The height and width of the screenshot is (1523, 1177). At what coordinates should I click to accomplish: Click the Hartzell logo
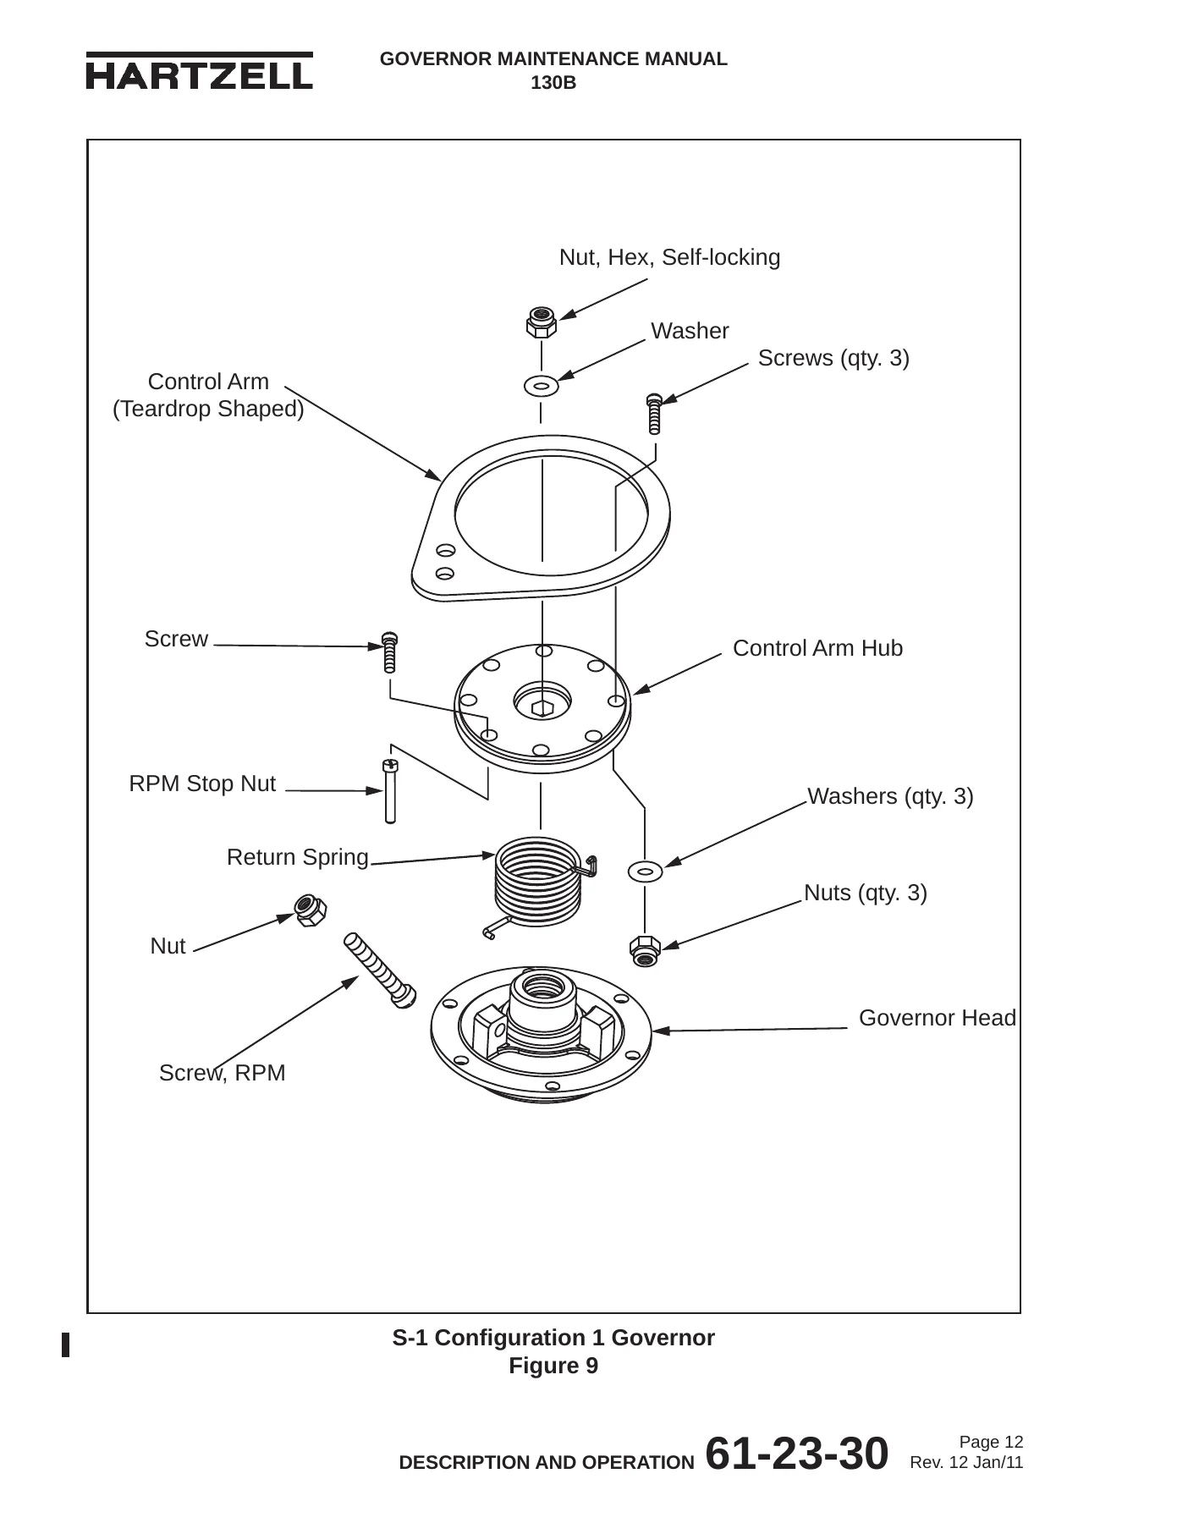pos(199,71)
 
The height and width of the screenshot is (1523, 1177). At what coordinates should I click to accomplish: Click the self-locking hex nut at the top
pos(541,321)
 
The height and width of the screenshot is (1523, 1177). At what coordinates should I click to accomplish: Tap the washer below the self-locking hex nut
pos(541,386)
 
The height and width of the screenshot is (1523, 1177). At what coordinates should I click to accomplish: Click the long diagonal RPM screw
pos(380,970)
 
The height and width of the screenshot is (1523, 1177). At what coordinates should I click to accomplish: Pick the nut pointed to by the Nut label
pos(310,910)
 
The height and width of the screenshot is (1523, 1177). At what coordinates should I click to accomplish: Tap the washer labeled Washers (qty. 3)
pos(645,870)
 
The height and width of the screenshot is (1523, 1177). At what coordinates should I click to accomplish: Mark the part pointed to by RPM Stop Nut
pos(390,790)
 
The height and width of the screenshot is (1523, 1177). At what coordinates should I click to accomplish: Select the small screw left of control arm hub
pos(389,652)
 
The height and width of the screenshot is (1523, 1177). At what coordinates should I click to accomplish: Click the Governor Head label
pos(938,1018)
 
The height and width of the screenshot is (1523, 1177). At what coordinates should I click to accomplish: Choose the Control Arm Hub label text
pos(817,648)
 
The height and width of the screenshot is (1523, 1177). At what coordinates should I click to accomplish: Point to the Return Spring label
pos(298,858)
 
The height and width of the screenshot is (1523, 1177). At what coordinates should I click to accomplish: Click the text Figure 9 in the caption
pos(553,1366)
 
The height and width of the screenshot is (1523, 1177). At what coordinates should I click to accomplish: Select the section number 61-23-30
pos(796,1453)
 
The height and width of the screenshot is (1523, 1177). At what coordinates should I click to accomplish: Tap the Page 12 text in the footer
pos(991,1442)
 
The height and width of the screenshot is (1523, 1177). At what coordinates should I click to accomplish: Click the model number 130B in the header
pos(553,83)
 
